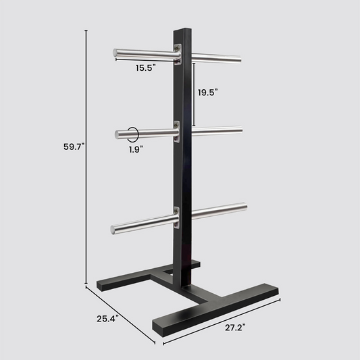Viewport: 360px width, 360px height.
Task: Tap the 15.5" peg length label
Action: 145,68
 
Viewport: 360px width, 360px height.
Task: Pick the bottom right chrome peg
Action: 217,210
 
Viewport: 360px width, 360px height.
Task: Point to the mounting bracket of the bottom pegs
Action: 177,217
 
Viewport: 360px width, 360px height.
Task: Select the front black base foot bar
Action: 216,309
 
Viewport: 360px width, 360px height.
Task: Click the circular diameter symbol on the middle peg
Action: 133,134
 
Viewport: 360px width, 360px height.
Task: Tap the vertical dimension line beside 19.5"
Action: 195,95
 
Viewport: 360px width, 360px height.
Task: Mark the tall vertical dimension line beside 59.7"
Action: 86,155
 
